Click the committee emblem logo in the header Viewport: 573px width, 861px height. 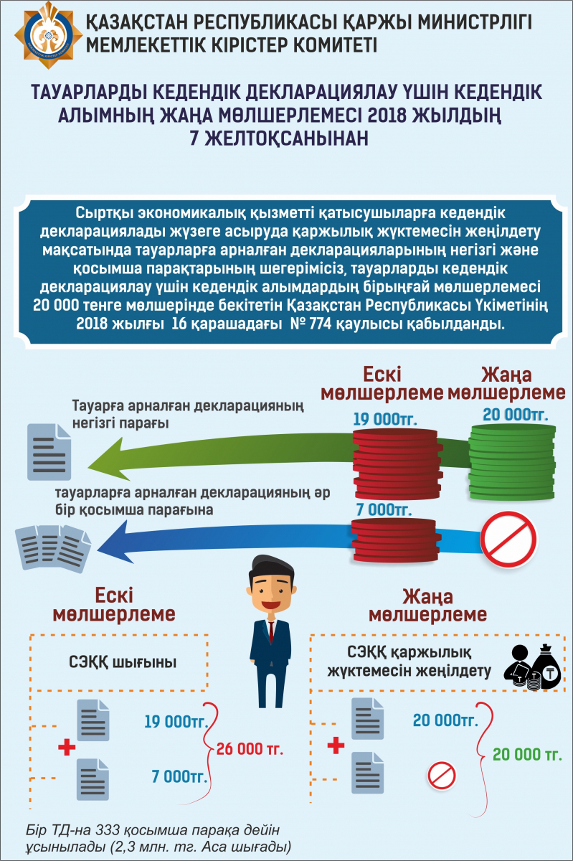pos(49,35)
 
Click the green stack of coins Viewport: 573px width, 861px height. pos(511,462)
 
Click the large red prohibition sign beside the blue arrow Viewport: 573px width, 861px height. pos(508,540)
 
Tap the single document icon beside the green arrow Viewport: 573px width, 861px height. pos(49,452)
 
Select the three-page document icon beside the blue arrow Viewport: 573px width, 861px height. pos(53,548)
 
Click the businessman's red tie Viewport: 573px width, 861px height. pos(271,631)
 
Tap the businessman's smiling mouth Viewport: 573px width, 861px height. pos(271,605)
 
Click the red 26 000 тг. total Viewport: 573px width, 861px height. pos(250,749)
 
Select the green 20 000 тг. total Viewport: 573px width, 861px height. pos(527,755)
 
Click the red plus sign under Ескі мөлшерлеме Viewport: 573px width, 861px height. pos(67,747)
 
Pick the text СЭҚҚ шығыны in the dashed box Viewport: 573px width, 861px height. pos(123,662)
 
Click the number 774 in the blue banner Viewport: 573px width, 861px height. pos(320,324)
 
